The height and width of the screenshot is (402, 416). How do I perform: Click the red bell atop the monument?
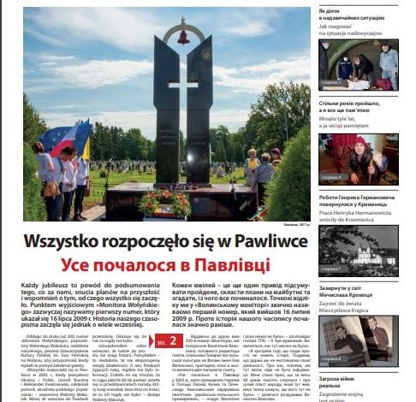coord(182,38)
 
